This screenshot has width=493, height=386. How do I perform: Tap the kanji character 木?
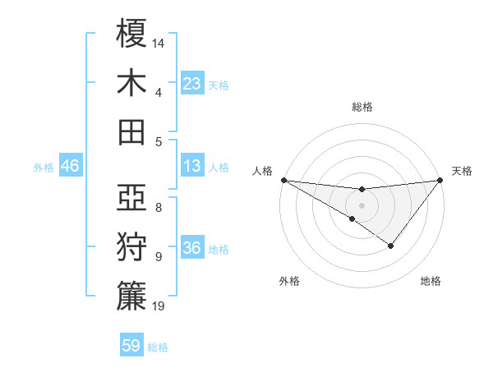pyautogui.click(x=131, y=83)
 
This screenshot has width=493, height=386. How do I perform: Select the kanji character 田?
pyautogui.click(x=131, y=132)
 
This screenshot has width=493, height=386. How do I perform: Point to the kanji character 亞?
pyautogui.click(x=131, y=198)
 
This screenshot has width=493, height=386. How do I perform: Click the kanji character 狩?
pyautogui.click(x=131, y=247)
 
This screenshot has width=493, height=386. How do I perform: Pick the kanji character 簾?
pyautogui.click(x=131, y=296)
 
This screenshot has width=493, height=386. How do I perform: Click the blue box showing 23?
pyautogui.click(x=192, y=83)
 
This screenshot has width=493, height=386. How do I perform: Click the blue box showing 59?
pyautogui.click(x=131, y=346)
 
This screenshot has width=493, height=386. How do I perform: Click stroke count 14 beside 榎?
pyautogui.click(x=159, y=41)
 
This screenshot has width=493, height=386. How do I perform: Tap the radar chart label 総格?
pyautogui.click(x=362, y=107)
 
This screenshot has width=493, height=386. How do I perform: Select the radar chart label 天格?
pyautogui.click(x=463, y=171)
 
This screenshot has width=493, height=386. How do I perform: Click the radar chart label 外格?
pyautogui.click(x=288, y=281)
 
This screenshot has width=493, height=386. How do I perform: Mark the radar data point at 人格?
pyautogui.click(x=283, y=180)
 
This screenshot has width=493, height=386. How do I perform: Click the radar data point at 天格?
pyautogui.click(x=440, y=180)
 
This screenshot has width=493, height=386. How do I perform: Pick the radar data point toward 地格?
pyautogui.click(x=391, y=246)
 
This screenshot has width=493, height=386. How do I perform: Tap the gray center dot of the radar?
pyautogui.click(x=362, y=204)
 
